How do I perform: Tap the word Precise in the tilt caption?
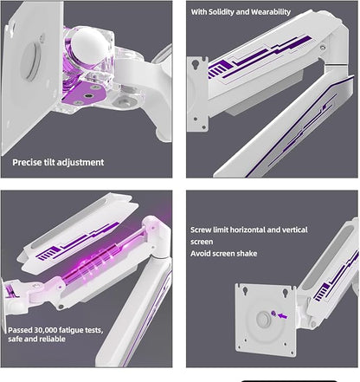(27, 162)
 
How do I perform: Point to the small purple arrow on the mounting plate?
(282, 316)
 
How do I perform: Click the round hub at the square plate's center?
(264, 320)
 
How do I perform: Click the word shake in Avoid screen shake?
(247, 254)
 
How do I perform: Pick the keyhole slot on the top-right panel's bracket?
(196, 63)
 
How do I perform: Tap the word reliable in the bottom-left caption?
(53, 339)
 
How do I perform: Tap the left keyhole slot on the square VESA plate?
(245, 290)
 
